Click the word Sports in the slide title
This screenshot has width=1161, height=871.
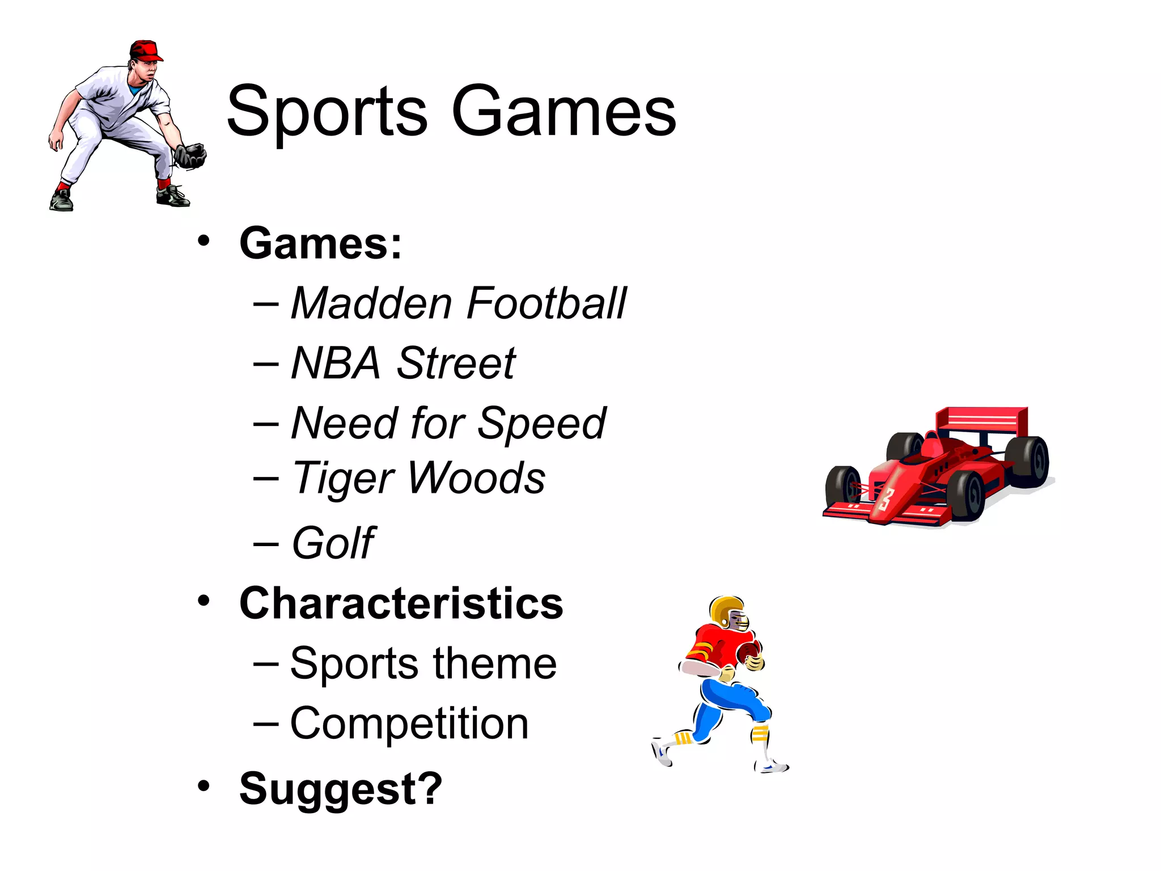pyautogui.click(x=327, y=112)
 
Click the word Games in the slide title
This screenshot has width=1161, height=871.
pyautogui.click(x=563, y=112)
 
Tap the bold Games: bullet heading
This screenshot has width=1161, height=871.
pyautogui.click(x=320, y=244)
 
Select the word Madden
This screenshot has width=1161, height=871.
pyautogui.click(x=371, y=303)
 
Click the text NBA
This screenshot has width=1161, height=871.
pyautogui.click(x=335, y=363)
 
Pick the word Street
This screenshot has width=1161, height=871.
pyautogui.click(x=456, y=363)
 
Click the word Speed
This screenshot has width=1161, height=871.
pyautogui.click(x=541, y=424)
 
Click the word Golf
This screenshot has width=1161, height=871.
pyautogui.click(x=333, y=543)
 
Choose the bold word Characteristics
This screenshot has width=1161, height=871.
pyautogui.click(x=401, y=603)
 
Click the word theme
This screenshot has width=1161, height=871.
pyautogui.click(x=495, y=663)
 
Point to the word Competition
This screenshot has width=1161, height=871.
pyautogui.click(x=409, y=724)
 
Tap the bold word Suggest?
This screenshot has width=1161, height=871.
pyautogui.click(x=340, y=788)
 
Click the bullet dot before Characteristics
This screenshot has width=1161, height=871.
pyautogui.click(x=204, y=601)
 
